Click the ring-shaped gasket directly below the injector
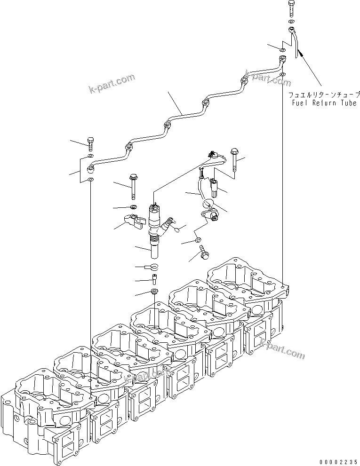(154, 267)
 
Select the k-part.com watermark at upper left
(112, 83)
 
